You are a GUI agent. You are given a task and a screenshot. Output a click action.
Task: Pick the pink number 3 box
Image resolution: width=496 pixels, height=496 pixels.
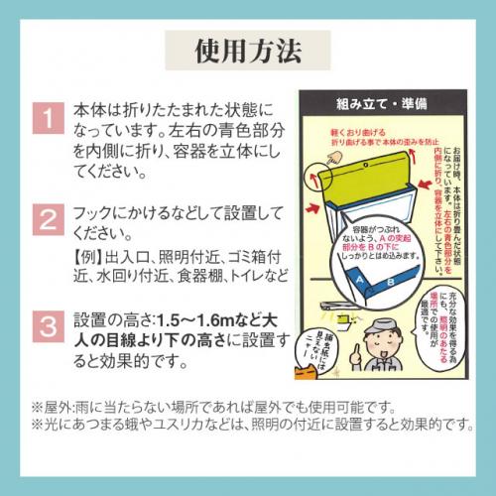[46, 327]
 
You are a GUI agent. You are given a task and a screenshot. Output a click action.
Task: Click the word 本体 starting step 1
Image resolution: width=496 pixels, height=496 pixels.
[89, 107]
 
